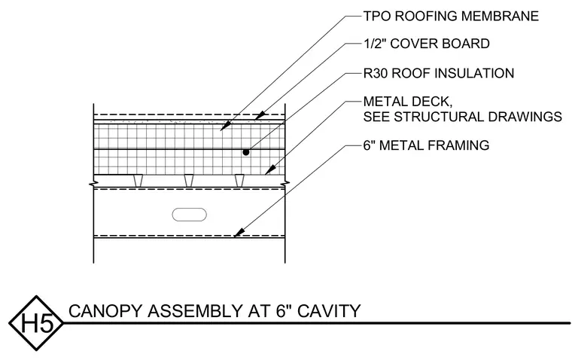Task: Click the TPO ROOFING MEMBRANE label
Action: pos(451,16)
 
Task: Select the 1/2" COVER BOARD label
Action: pos(427,44)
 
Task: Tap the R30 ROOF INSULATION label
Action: pos(439,73)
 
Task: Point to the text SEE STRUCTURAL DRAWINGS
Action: pos(463,117)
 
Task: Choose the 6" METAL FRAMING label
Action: pos(427,145)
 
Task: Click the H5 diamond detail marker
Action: pos(36,323)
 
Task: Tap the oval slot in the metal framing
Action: pos(190,215)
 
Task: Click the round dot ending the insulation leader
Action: pos(246,152)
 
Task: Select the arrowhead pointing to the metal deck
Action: pos(269,170)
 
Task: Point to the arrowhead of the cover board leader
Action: pos(260,115)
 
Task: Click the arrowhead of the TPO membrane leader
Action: pos(226,126)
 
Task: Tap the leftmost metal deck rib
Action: pos(138,181)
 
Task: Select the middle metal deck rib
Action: pos(189,181)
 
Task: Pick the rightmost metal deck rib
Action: pos(239,181)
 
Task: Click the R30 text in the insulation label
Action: pos(376,73)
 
